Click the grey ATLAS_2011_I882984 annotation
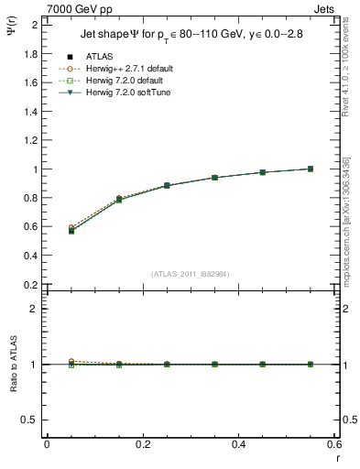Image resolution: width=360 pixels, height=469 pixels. [x=191, y=273]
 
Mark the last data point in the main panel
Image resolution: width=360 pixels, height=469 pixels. [x=311, y=169]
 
